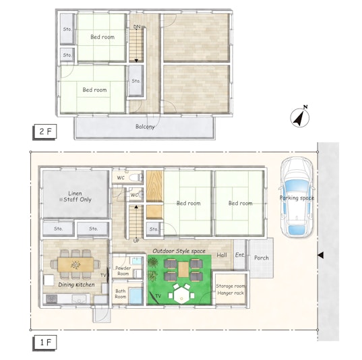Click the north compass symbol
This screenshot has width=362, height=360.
[x=300, y=117]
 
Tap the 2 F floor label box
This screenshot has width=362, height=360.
[x=44, y=131]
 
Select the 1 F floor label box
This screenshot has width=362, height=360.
[x=44, y=342]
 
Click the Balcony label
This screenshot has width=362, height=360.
[x=145, y=127]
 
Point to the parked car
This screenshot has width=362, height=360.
[x=297, y=197]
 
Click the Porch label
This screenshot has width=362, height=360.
[x=262, y=258]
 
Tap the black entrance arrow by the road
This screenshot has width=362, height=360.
[x=320, y=255]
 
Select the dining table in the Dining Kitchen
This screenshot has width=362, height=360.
[x=76, y=264]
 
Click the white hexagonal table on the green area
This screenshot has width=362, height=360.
[x=181, y=295]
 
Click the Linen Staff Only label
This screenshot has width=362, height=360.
[x=76, y=196]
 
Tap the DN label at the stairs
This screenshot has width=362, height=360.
[x=137, y=27]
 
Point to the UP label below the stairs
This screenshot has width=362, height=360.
[x=136, y=241]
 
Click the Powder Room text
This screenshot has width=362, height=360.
[x=123, y=270]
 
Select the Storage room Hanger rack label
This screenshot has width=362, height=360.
[x=231, y=290]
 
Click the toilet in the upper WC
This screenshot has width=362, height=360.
[x=136, y=177]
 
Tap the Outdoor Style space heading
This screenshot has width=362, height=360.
[x=179, y=251]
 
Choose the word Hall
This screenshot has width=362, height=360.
[x=222, y=255]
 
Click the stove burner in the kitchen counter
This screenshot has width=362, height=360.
[x=51, y=299]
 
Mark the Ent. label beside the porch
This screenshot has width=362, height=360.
[x=239, y=255]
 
